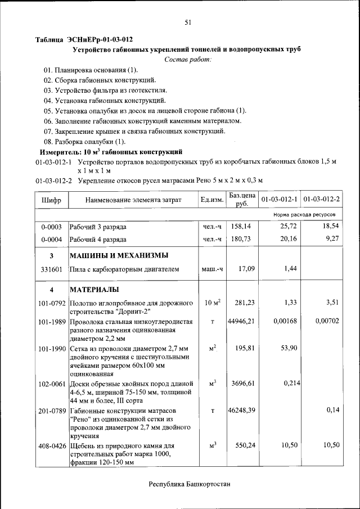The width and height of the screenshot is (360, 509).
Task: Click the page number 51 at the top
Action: (188, 22)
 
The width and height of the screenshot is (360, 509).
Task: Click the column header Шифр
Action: (52, 200)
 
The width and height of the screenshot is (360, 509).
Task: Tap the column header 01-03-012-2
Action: (322, 200)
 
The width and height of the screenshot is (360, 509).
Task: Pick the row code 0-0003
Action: (52, 227)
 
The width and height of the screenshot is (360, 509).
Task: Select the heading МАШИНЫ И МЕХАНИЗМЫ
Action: (119, 256)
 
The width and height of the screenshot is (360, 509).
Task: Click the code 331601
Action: (52, 269)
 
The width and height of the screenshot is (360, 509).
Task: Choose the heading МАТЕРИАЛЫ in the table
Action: (93, 290)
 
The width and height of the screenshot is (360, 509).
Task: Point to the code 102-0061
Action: (52, 384)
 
